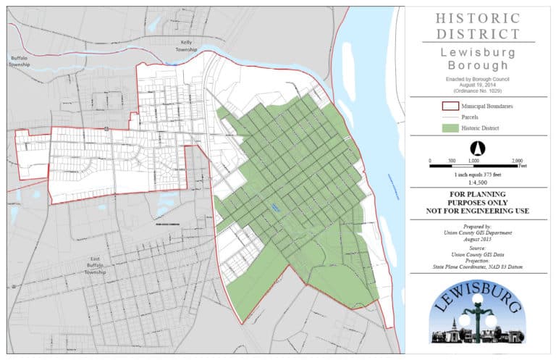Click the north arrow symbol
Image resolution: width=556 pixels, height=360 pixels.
coord(477,148)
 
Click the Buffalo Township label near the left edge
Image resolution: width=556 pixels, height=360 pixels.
coord(20,61)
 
